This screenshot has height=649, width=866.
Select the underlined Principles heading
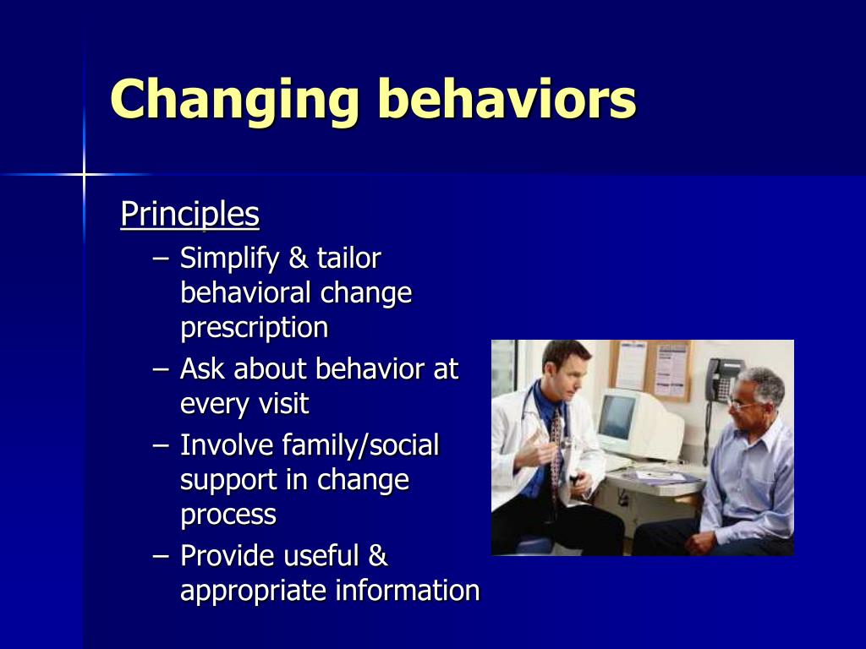[190, 215]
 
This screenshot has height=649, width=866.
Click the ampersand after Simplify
[299, 258]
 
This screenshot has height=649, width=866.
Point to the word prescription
[255, 328]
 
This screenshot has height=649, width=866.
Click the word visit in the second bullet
[284, 403]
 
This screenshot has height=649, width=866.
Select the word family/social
[360, 444]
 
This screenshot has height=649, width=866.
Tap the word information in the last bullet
[408, 590]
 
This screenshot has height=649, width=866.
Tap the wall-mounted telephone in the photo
[722, 381]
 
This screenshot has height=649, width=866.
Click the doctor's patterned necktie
[556, 453]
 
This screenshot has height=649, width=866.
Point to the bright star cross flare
[84, 175]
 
